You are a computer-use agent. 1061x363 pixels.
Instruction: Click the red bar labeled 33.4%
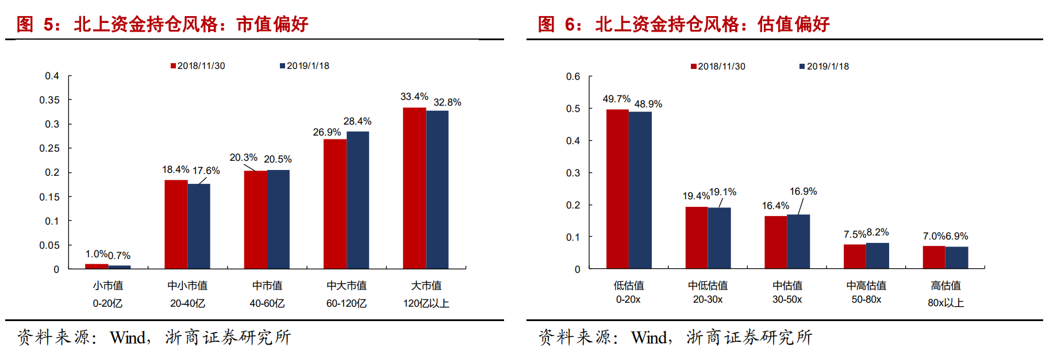[x=414, y=188]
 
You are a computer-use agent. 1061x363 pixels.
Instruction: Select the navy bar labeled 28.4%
[x=357, y=200]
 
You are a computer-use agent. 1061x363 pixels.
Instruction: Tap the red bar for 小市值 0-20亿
[x=97, y=266]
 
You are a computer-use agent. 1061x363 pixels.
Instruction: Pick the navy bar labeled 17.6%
[x=199, y=226]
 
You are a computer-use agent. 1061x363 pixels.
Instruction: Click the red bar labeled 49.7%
[x=617, y=189]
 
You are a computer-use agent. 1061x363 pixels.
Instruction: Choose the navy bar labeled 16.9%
[x=798, y=241]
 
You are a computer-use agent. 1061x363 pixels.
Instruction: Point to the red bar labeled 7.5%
[x=855, y=256]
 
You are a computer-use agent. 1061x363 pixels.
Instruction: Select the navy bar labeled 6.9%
[x=956, y=257]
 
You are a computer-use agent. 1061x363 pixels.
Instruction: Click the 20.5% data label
[x=278, y=159]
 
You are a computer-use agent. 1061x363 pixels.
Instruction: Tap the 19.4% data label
[x=696, y=196]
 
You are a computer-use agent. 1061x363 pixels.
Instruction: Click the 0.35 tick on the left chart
[x=49, y=100]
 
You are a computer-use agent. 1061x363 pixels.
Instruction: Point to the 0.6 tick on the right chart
[x=573, y=76]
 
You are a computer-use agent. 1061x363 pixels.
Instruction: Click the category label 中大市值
[x=347, y=285]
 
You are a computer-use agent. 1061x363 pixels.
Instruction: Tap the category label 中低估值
[x=708, y=285]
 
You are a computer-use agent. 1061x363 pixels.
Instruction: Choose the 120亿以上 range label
[x=426, y=303]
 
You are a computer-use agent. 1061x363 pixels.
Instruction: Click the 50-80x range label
[x=866, y=299]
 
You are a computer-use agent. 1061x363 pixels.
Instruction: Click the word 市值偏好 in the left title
[x=272, y=24]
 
